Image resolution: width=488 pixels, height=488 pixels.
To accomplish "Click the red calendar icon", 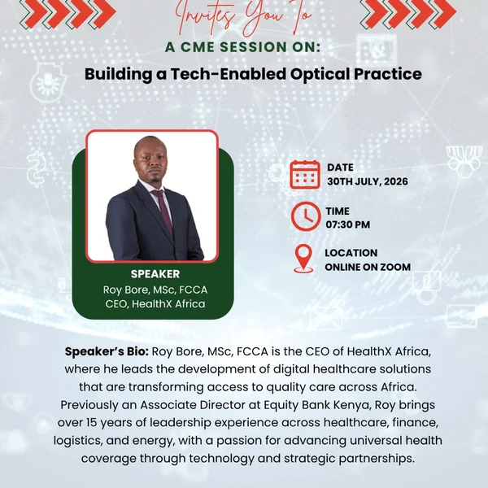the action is [x=305, y=174].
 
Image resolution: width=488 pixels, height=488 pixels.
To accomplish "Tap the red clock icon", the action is [x=306, y=216].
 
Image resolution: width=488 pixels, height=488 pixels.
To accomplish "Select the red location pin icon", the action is [x=303, y=259].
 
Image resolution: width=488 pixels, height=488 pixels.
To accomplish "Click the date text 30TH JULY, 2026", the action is [x=368, y=181].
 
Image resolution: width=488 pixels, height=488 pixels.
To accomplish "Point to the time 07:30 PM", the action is [x=348, y=224].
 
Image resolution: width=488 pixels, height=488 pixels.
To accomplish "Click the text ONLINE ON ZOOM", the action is [x=368, y=267].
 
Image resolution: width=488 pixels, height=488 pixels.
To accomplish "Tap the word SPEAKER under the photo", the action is [x=155, y=274].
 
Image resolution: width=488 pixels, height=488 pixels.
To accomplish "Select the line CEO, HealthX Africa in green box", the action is [x=155, y=303].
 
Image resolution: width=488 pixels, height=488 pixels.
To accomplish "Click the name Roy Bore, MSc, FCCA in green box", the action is [x=155, y=290].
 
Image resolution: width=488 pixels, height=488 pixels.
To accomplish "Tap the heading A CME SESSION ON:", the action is [x=242, y=47].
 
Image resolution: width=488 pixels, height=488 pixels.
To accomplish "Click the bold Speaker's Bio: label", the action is [x=107, y=351].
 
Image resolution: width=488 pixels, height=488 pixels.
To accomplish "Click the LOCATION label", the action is [x=351, y=253].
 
